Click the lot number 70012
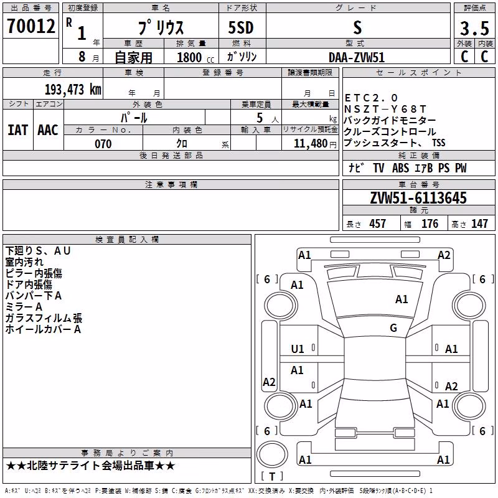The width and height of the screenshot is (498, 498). pos(31,26)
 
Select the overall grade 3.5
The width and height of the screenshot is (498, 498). pos(474,28)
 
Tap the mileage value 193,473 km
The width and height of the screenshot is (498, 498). pos(73,90)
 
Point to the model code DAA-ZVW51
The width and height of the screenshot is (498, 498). pos(357,57)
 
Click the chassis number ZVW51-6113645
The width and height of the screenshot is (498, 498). pos(418,198)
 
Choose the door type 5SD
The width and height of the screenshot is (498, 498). pos(241,27)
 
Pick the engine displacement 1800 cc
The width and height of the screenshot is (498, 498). pos(195,57)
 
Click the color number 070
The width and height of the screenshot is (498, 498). pos(103,144)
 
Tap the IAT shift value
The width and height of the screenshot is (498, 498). pos(18,130)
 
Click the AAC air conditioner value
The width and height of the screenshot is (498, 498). pos(48,130)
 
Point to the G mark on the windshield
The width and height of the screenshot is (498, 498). pos(393,327)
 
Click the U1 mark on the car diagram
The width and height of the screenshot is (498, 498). pos(298,349)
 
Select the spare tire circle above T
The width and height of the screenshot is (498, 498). pos(272,454)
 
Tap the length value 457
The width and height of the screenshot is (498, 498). pos(377,224)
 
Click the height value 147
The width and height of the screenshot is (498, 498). pos(479,224)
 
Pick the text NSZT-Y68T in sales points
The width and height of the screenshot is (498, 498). pos(385,110)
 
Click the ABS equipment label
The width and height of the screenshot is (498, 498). pos(400,168)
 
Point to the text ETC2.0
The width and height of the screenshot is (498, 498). pos(371,98)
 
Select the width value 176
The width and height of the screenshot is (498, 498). pos(430,224)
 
